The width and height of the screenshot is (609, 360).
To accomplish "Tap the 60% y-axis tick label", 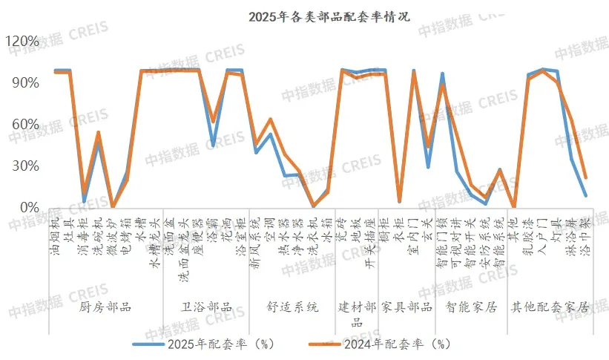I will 25,124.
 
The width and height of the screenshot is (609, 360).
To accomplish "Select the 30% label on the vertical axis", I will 25,166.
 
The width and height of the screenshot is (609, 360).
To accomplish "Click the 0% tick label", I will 29,207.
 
